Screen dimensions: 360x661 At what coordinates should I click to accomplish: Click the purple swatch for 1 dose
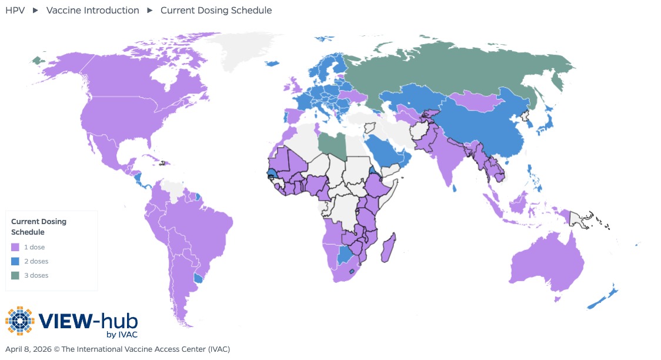click(15, 248)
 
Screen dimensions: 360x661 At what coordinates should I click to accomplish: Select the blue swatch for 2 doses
click(15, 262)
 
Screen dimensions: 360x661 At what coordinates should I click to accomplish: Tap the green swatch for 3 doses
click(15, 276)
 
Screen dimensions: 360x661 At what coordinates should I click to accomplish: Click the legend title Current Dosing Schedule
click(39, 227)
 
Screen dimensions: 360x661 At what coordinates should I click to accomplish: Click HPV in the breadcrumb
click(15, 10)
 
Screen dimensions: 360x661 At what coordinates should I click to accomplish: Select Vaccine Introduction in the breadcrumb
click(93, 10)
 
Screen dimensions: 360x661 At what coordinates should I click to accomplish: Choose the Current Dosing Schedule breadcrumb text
click(216, 10)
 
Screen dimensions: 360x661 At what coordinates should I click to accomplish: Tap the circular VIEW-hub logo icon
click(20, 321)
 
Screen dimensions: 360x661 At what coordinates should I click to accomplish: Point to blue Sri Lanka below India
click(456, 188)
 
